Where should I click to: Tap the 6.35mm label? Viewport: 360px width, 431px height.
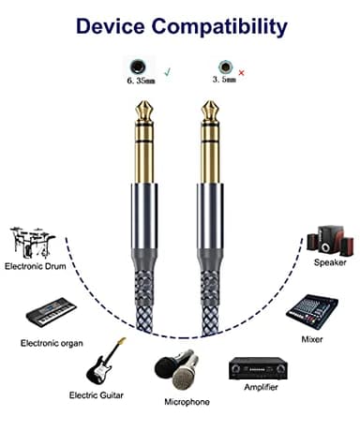pyautogui.click(x=139, y=82)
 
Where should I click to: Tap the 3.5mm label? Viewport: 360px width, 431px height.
pyautogui.click(x=224, y=82)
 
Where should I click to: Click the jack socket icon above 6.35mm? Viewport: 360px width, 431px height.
pyautogui.click(x=139, y=66)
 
